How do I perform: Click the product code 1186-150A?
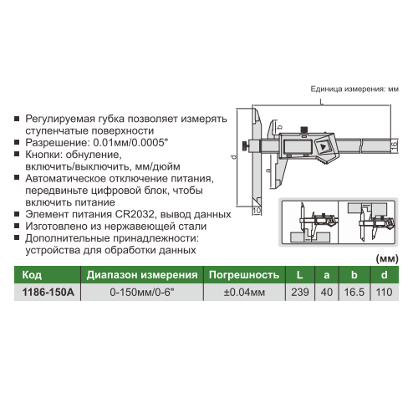[48, 293]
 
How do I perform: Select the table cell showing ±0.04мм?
[244, 293]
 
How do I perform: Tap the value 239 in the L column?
[300, 293]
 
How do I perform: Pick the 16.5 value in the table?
[354, 293]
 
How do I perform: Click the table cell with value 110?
[384, 293]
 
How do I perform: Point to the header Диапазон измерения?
[142, 275]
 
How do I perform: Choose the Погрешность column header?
[244, 275]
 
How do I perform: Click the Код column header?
[32, 275]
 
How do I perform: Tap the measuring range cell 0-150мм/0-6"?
[142, 293]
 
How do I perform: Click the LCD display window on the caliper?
[296, 145]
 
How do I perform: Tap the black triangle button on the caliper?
[324, 147]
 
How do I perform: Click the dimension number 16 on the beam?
[394, 145]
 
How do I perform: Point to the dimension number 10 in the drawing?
[257, 210]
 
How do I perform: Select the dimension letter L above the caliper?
[322, 102]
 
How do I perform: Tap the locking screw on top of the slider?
[303, 130]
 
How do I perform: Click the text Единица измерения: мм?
[354, 89]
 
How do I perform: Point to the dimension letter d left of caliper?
[233, 157]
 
